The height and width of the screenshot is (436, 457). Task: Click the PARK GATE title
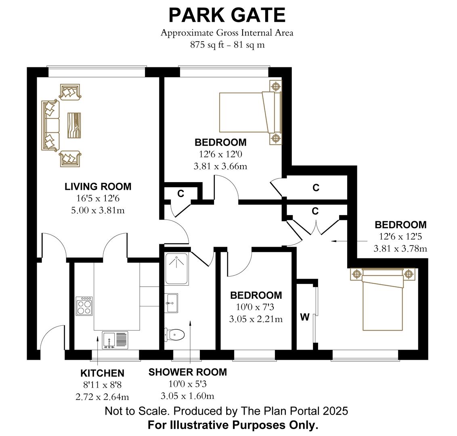click(x=227, y=15)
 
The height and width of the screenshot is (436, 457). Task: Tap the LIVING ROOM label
click(x=98, y=187)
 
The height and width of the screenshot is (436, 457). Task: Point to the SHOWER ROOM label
click(x=187, y=372)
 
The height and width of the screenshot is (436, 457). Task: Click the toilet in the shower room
click(x=175, y=334)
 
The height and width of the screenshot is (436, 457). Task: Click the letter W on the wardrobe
click(x=305, y=317)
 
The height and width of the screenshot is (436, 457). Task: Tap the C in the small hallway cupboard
click(x=181, y=194)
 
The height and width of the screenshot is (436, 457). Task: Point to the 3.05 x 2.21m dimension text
click(x=256, y=319)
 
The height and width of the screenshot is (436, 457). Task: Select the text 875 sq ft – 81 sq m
click(x=227, y=45)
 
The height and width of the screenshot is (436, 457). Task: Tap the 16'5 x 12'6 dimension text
click(x=98, y=198)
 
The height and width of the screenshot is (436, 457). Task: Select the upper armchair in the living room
click(x=70, y=92)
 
